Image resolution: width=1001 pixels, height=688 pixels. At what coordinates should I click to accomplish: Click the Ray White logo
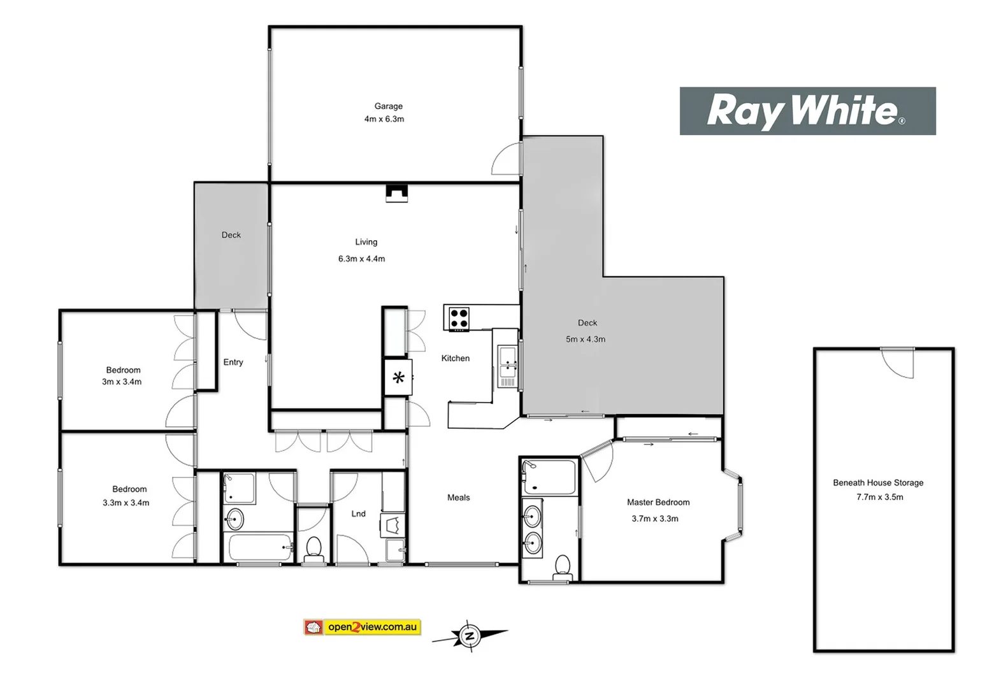point(807,111)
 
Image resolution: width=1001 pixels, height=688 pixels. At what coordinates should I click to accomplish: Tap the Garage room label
point(388,106)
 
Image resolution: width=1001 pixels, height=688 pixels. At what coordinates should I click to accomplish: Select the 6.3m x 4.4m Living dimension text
point(361,259)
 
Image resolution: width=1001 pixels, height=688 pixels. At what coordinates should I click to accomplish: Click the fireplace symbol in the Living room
point(396,193)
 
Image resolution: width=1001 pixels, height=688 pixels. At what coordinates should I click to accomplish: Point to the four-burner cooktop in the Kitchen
point(459,318)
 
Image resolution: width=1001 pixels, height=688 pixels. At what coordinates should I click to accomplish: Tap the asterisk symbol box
point(398,378)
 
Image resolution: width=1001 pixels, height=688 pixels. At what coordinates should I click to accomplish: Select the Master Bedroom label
point(658,502)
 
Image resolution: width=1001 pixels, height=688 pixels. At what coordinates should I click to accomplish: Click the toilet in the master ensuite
point(562,565)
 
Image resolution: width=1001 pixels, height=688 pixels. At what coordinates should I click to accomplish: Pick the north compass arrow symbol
point(470,635)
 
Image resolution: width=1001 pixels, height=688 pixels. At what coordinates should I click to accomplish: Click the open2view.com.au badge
point(363,627)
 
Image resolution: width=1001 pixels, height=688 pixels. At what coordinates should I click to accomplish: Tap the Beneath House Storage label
point(877,483)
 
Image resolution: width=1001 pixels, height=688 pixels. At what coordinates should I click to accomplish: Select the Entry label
point(233,362)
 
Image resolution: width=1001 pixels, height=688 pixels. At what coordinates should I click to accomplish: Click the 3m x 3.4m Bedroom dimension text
point(122,382)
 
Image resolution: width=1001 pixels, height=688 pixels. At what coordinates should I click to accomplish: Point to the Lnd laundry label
point(358,513)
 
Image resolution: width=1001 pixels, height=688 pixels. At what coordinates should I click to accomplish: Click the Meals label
point(458,498)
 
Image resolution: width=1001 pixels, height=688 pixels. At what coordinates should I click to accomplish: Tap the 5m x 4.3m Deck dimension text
point(585,339)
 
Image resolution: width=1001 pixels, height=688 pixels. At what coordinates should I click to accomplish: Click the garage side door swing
point(507,159)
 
